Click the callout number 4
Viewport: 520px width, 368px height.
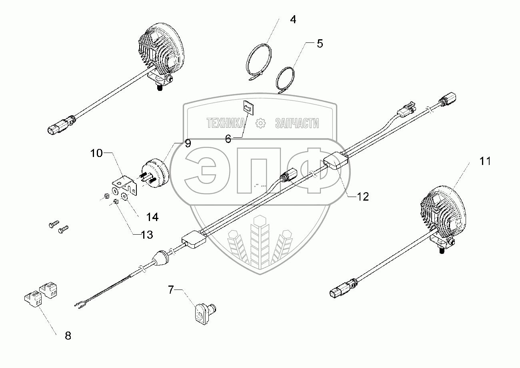tap(293, 20)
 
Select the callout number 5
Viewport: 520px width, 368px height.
tap(319, 44)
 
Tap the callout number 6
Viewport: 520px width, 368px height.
tap(228, 139)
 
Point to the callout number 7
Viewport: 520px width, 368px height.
tap(171, 289)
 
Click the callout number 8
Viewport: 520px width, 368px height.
tap(68, 336)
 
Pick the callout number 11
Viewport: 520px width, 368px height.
tap(485, 161)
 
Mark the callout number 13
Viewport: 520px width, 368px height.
tap(147, 235)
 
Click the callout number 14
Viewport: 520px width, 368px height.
tap(152, 217)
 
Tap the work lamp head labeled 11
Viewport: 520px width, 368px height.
tap(442, 211)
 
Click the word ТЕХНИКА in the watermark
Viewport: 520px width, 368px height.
tap(225, 123)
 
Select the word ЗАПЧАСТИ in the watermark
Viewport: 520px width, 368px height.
tap(297, 123)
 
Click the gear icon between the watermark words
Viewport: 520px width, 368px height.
tap(260, 123)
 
